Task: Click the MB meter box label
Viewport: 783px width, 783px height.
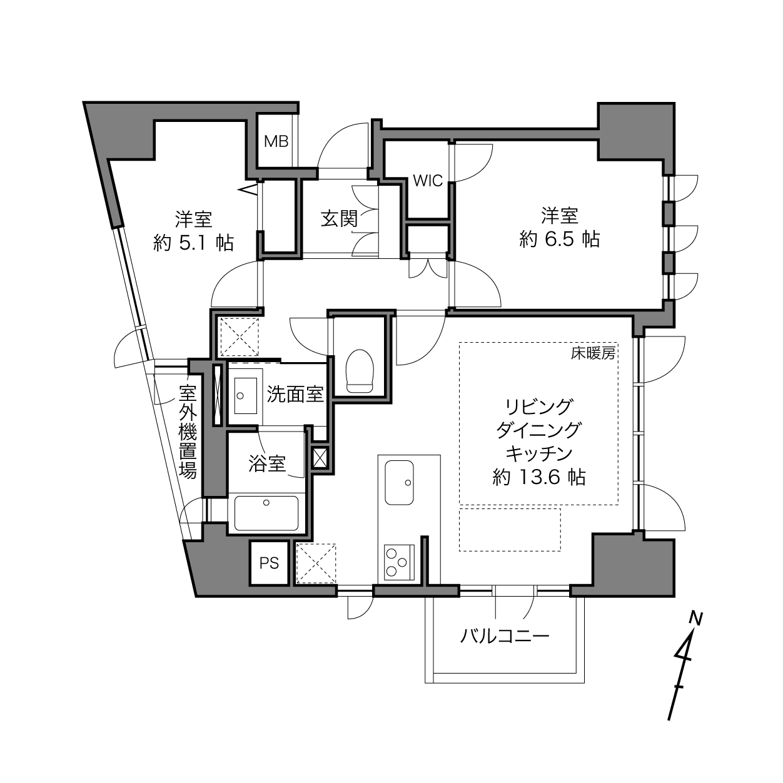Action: [276, 141]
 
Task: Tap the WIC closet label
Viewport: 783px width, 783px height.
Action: [427, 181]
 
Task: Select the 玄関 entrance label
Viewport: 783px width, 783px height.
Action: [340, 219]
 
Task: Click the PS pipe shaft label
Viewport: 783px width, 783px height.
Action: [269, 563]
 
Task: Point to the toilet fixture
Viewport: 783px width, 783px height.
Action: [360, 371]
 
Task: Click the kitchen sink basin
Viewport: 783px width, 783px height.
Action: [400, 483]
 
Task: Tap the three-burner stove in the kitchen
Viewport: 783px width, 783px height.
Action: [399, 563]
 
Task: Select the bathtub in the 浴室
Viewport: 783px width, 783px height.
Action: [266, 513]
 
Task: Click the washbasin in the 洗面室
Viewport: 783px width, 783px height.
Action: [246, 396]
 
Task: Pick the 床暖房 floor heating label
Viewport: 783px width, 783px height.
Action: [593, 353]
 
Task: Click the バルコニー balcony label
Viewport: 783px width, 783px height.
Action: [505, 635]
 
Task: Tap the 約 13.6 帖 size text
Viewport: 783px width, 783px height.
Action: [539, 477]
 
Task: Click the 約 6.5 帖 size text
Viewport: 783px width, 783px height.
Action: [559, 240]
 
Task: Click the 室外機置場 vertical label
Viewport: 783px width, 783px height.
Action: [188, 432]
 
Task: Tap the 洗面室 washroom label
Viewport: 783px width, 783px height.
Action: [295, 394]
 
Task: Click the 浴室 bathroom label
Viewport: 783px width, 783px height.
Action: [267, 463]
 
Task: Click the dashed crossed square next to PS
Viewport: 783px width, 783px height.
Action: [316, 563]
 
